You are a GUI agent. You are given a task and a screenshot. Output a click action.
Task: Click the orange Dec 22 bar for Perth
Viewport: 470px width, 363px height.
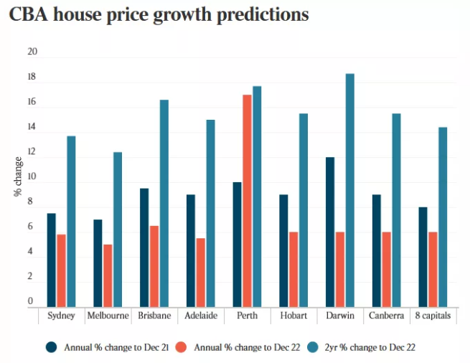click(247, 201)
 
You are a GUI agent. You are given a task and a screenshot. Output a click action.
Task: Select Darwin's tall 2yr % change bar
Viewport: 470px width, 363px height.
click(349, 190)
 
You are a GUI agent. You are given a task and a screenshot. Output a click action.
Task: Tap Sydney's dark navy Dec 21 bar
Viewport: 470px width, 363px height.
click(52, 260)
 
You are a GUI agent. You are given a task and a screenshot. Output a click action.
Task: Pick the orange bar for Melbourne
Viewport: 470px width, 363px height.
click(108, 275)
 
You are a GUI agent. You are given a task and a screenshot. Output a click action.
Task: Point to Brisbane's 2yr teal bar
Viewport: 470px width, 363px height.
click(164, 204)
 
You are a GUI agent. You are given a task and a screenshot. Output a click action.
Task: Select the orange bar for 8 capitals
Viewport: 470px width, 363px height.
click(433, 269)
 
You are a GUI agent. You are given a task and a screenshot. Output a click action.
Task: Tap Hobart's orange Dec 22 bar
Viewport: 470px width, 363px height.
click(293, 269)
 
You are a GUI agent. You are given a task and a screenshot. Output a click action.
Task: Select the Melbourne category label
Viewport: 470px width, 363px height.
click(108, 316)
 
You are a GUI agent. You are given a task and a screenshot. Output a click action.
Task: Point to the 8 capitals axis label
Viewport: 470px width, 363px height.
click(433, 316)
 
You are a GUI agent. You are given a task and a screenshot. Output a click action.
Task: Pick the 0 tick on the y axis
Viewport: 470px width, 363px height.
click(31, 301)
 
